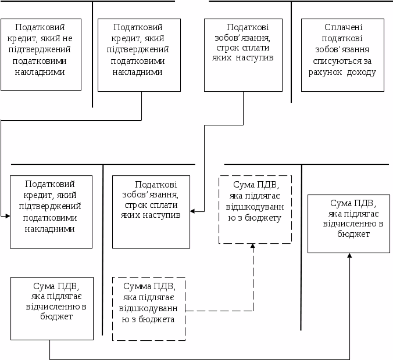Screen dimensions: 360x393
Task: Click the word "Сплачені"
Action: (x=343, y=27)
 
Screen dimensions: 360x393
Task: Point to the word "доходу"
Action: (x=363, y=73)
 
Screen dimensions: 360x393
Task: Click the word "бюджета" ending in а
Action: (x=159, y=319)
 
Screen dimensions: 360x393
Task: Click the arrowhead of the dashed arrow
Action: (x=253, y=246)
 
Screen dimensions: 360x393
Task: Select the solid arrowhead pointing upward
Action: (x=349, y=256)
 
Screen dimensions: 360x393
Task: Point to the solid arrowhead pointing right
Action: (x=8, y=216)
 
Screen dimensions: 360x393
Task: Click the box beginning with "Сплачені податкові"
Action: (x=342, y=55)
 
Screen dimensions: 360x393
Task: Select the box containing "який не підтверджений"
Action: (x=41, y=55)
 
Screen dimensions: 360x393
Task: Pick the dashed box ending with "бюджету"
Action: (x=255, y=209)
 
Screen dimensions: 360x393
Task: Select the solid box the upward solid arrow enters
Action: (x=348, y=224)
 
